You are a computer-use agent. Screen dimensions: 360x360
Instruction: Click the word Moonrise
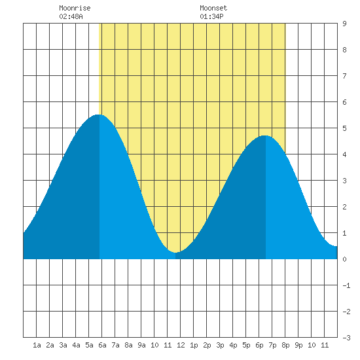[x=75, y=8]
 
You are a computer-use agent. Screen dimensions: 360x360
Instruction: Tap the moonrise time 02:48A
[x=71, y=16]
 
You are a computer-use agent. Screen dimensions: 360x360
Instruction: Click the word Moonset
[x=213, y=8]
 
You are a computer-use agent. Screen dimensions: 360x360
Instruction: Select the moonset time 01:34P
[x=211, y=16]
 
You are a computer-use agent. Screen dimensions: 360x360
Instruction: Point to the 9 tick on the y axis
[x=344, y=24]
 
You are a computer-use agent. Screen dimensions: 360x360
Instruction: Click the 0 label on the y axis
[x=344, y=259]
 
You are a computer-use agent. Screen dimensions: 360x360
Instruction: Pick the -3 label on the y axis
[x=346, y=338]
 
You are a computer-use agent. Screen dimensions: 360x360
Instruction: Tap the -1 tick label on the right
[x=346, y=285]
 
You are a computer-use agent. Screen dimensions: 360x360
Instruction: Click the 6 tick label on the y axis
[x=344, y=102]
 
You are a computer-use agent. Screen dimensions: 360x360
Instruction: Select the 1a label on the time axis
[x=37, y=345]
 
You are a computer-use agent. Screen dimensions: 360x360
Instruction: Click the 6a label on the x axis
[x=102, y=345]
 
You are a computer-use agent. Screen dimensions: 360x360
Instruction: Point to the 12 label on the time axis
[x=181, y=345]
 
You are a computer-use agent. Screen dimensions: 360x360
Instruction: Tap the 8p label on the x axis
[x=285, y=345]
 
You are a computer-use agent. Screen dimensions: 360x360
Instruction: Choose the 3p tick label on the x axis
[x=220, y=345]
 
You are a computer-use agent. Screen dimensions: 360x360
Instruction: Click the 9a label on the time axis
[x=141, y=345]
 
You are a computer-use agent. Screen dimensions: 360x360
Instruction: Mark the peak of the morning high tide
[x=99, y=115]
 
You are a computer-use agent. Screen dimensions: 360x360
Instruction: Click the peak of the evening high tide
[x=265, y=135]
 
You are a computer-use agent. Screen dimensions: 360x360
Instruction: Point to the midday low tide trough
[x=175, y=252]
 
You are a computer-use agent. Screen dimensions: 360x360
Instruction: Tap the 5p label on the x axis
[x=246, y=345]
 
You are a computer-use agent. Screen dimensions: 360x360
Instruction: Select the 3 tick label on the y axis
[x=344, y=181]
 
